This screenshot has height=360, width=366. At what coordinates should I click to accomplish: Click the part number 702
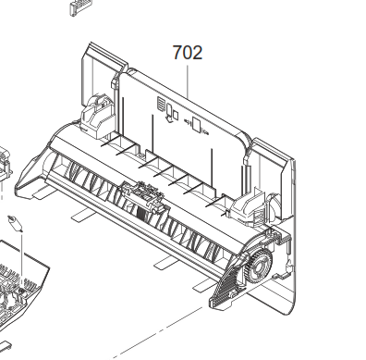pyautogui.click(x=188, y=53)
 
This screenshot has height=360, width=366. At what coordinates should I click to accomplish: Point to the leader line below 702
pyautogui.click(x=188, y=81)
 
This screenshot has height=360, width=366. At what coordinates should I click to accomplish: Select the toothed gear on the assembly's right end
pyautogui.click(x=259, y=265)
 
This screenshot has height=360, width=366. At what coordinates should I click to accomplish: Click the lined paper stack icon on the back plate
pyautogui.click(x=161, y=104)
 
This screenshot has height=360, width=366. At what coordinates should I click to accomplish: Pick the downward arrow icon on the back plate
pyautogui.click(x=169, y=118)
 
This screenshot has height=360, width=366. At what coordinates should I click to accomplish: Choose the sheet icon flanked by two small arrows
pyautogui.click(x=196, y=124)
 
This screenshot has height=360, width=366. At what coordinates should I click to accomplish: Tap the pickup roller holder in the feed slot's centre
pyautogui.click(x=142, y=197)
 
